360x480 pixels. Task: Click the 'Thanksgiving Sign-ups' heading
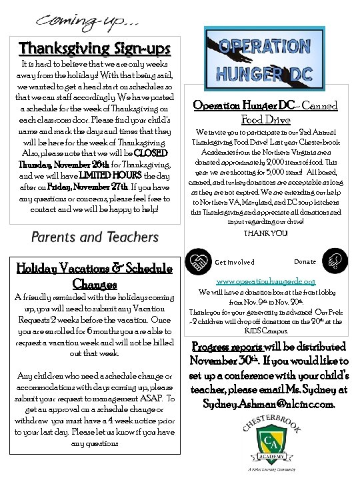(x=95, y=49)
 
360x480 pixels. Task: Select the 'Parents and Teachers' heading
(x=95, y=237)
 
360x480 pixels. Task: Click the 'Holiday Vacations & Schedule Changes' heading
(x=95, y=275)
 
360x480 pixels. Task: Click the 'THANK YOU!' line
(x=265, y=233)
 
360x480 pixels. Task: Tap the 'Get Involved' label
(x=234, y=263)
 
